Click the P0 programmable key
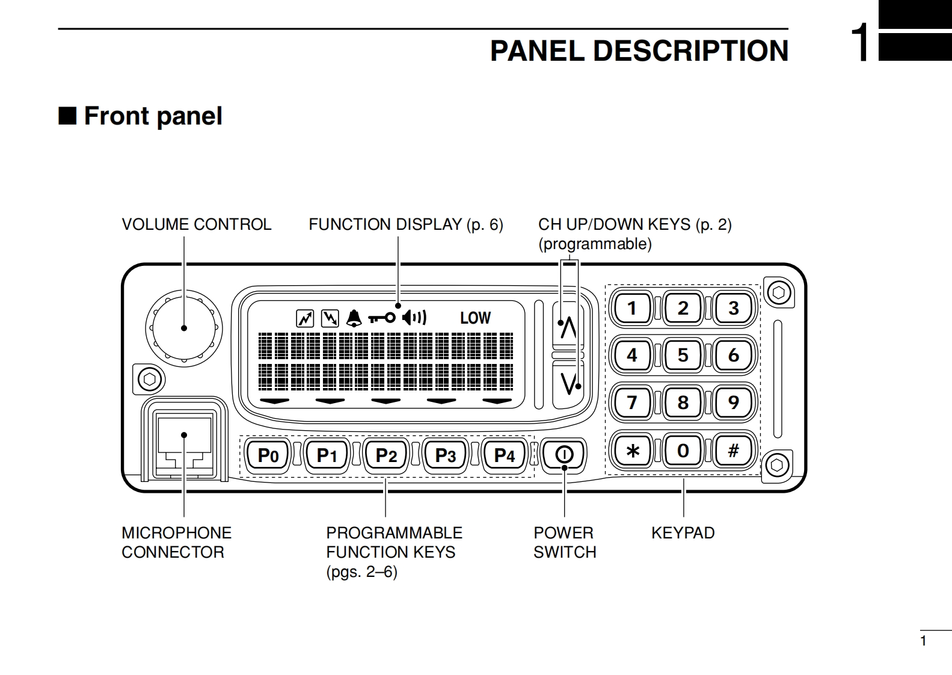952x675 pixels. pos(268,455)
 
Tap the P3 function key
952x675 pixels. pos(446,455)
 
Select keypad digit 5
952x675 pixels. pos(683,355)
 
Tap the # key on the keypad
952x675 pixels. pos(733,450)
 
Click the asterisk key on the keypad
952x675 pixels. pos(632,450)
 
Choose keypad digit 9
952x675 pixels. pos(733,402)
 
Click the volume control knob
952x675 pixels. pos(183,328)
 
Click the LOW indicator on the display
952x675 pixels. pos(475,318)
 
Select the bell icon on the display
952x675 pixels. pos(354,318)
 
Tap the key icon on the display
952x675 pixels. pos(382,318)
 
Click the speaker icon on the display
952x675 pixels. pos(414,317)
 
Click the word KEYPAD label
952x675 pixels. pos(683,533)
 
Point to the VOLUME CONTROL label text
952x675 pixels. pos(196,224)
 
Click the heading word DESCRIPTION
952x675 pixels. pos(690,51)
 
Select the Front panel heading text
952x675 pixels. pos(153,116)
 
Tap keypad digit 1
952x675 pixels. pos(632,308)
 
